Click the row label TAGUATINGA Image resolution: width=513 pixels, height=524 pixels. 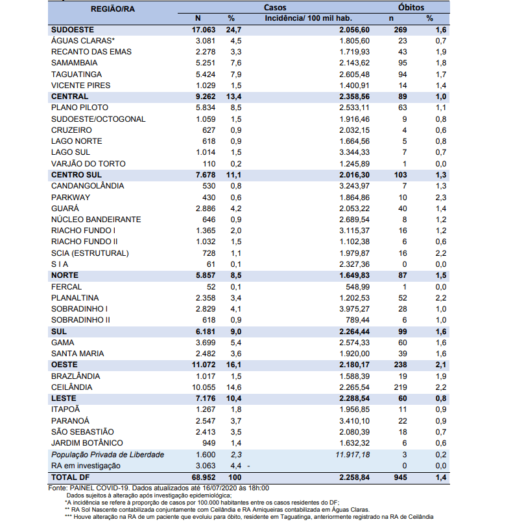(x=76, y=74)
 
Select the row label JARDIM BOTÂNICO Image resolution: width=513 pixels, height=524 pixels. (x=87, y=443)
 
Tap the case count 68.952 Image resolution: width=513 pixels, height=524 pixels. (x=204, y=477)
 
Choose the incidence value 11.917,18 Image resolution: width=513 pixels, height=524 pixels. (x=352, y=455)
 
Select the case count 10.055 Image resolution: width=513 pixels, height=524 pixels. (x=205, y=387)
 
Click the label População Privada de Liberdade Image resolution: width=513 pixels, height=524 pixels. (x=108, y=455)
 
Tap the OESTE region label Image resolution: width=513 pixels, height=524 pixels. (x=64, y=365)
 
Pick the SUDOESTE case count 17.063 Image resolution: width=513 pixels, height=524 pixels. (x=204, y=30)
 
